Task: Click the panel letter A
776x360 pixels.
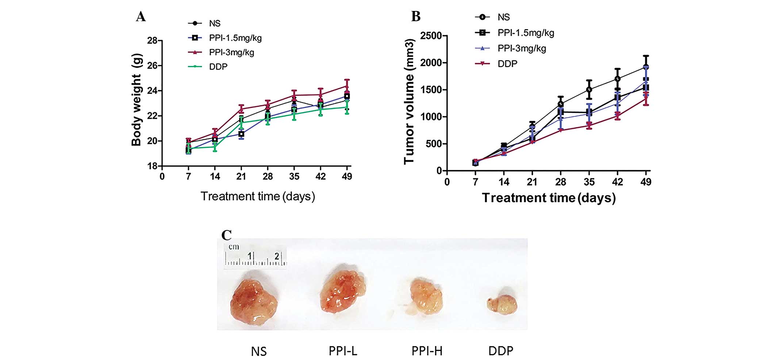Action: coord(141,17)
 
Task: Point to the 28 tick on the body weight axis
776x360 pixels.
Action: coord(152,41)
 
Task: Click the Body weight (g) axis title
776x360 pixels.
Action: coord(137,99)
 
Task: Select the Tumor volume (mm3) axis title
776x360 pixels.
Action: coord(409,102)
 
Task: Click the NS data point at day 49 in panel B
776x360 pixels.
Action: coord(646,67)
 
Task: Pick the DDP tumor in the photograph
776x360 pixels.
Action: coord(502,304)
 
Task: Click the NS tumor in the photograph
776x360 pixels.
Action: coord(254,302)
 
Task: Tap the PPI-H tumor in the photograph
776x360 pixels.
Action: coord(426,296)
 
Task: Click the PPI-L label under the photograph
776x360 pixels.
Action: coord(343,351)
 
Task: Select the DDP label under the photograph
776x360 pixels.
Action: coord(501,351)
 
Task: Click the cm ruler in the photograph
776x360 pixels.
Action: coord(255,256)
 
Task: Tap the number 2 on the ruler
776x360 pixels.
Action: coord(277,256)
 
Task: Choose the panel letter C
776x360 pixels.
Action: coord(226,235)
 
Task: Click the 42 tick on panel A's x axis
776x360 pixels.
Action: coord(320,177)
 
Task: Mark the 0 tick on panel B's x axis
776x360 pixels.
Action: coord(447,182)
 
